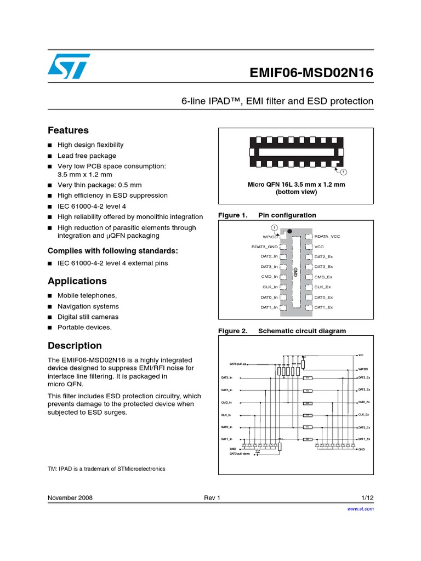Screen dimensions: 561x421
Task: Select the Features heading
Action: coord(68,130)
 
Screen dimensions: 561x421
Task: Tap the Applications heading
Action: coord(77,281)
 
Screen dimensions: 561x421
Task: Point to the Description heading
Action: coord(75,346)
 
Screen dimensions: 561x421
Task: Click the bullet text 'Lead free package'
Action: coord(87,156)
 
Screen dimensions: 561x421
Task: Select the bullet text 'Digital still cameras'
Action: coord(88,317)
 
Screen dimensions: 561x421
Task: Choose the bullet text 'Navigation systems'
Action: coord(88,306)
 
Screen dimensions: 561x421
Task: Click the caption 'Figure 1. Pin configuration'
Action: coord(267,215)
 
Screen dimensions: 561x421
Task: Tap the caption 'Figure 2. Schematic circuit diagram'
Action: coord(282,331)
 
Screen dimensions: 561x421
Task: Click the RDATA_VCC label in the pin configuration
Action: coord(327,236)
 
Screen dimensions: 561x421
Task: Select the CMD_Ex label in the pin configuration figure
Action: coord(323,277)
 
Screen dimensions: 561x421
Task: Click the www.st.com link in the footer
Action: coord(361,509)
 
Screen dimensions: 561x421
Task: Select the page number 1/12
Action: coord(367,498)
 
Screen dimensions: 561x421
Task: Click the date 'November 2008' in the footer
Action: coord(70,498)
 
